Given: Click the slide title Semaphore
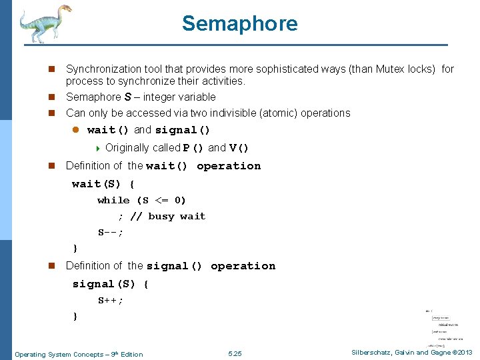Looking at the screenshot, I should click(x=239, y=24).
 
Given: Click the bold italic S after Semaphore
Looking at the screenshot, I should click(x=127, y=97).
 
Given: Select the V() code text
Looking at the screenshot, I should click(x=239, y=148).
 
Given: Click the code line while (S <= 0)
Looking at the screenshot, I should click(x=141, y=200).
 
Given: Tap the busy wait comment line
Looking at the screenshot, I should click(x=161, y=217).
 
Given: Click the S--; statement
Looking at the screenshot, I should click(x=111, y=233).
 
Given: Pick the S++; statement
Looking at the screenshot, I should click(x=111, y=301).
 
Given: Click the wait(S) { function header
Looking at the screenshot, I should click(x=103, y=183).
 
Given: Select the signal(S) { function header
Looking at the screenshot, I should click(x=111, y=284).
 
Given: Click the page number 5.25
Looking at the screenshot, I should click(x=235, y=354).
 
